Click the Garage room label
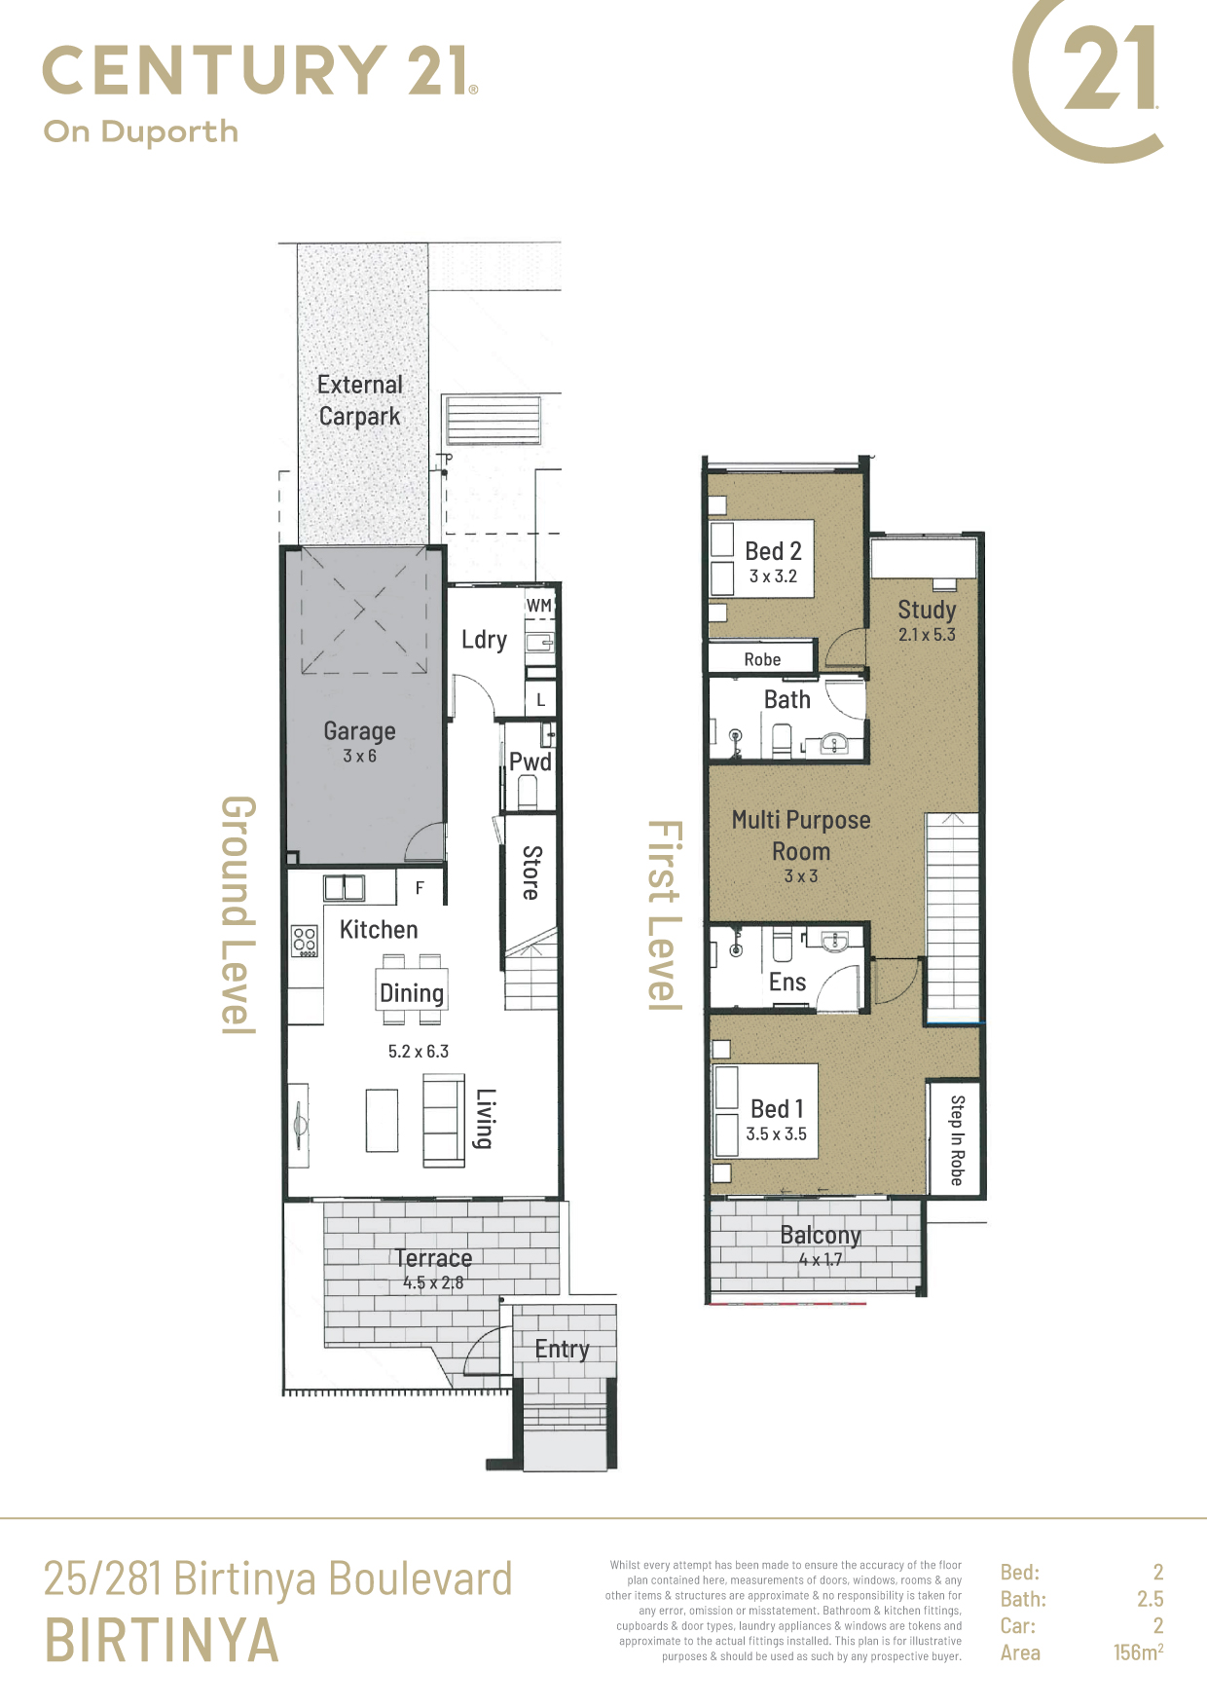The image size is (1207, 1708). [x=359, y=730]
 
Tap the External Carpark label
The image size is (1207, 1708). [x=360, y=400]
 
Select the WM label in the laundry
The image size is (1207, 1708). [x=539, y=605]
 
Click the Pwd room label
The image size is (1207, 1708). [x=530, y=761]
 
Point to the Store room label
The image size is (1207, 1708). [x=531, y=872]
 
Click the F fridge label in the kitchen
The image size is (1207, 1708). [x=420, y=888]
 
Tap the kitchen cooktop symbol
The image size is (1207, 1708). [x=305, y=941]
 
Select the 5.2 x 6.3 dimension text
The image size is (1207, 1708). [x=419, y=1052]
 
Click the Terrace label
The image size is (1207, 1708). [x=433, y=1258]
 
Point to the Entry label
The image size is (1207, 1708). [x=562, y=1350]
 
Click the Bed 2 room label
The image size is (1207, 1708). [x=773, y=551]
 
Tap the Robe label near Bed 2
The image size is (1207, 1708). [x=762, y=659]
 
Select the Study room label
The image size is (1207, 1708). [x=927, y=611]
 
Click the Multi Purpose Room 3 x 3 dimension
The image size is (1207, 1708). [x=801, y=876]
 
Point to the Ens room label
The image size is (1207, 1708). [x=787, y=982]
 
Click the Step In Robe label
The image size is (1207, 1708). [x=957, y=1140]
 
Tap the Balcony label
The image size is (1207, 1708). [x=821, y=1236]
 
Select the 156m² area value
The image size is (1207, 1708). [x=1139, y=1652]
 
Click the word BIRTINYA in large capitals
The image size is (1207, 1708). [x=162, y=1641]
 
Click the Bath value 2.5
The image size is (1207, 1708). [x=1151, y=1599]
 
